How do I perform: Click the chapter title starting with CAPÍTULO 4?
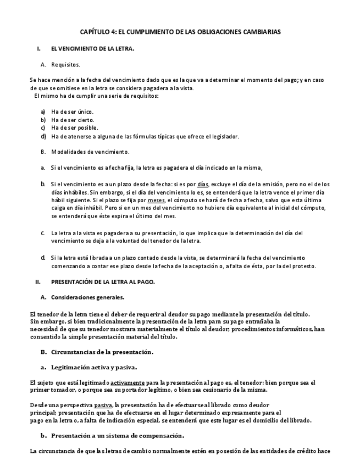(x=180, y=32)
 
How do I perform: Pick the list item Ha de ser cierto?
(x=73, y=119)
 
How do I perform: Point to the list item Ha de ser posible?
(x=74, y=127)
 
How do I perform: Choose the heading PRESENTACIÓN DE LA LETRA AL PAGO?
(x=103, y=282)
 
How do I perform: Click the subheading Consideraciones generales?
(x=87, y=297)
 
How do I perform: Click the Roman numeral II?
(x=38, y=282)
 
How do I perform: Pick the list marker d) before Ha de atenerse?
(x=43, y=136)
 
